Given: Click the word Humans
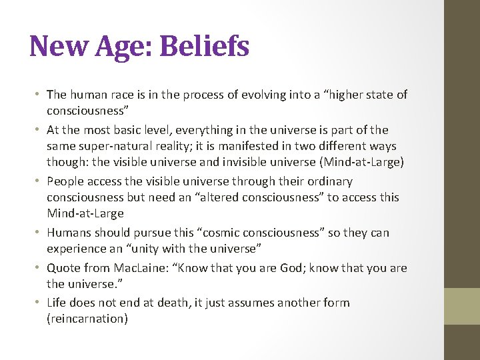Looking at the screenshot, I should [69, 233].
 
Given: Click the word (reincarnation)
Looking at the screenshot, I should [87, 319].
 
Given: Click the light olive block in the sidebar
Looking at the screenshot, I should [462, 305].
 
